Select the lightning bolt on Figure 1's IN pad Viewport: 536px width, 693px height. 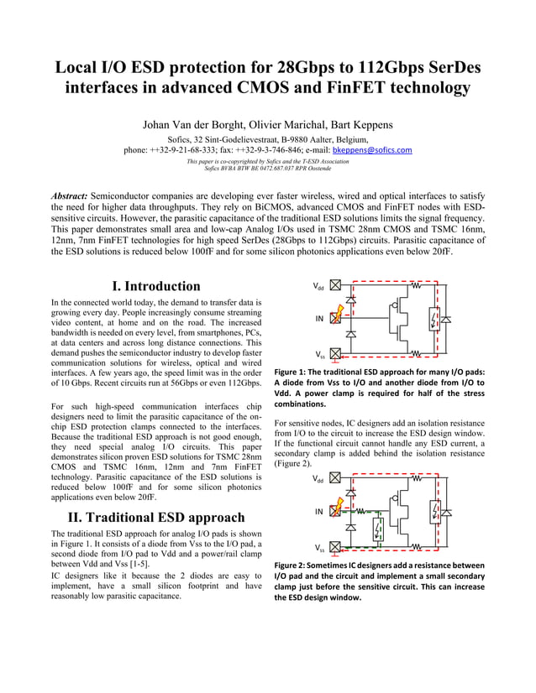pos(337,317)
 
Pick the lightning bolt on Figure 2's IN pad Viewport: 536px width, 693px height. pos(337,508)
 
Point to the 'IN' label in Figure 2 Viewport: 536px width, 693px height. pos(319,511)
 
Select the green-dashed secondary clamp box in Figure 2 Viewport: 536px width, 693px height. pos(379,529)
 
